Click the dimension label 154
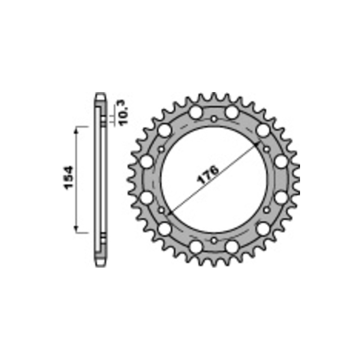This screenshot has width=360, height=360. pyautogui.click(x=68, y=178)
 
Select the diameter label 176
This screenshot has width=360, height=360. pyautogui.click(x=208, y=175)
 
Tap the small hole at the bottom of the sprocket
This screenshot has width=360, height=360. pyautogui.click(x=214, y=241)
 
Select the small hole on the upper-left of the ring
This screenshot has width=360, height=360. pyautogui.click(x=161, y=149)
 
